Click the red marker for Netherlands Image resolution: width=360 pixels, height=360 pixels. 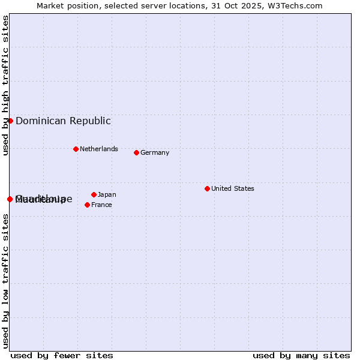point(76,149)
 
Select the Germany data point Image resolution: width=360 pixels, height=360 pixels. point(136,152)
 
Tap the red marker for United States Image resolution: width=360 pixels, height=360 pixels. point(207,188)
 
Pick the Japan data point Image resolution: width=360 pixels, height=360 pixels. point(94,194)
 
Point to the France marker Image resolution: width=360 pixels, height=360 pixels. point(87,205)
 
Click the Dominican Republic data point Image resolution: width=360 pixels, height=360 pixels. point(10,121)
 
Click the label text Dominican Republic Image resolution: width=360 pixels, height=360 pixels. point(63,121)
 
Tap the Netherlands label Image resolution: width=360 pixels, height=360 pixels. point(99,149)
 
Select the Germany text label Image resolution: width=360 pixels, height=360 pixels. point(155,152)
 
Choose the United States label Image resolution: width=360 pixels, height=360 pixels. point(233,188)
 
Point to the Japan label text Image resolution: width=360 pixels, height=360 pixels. point(107,194)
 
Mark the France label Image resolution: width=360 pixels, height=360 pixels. point(101,205)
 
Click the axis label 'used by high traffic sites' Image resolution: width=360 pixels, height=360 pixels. point(5,85)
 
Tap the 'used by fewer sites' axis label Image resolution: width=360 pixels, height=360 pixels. point(62,355)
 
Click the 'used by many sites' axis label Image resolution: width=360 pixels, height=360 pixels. point(301,355)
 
